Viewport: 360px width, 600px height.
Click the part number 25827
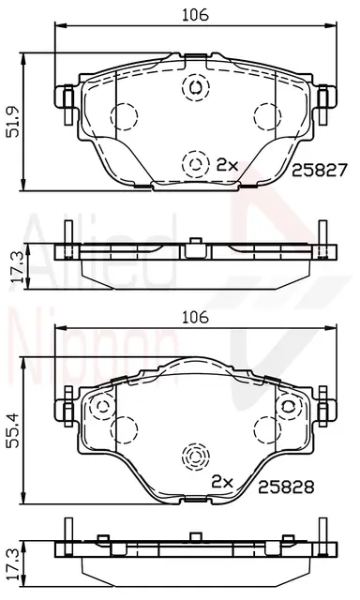(x=319, y=170)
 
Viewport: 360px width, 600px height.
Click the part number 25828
(x=286, y=487)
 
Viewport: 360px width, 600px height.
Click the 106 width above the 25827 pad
(x=195, y=15)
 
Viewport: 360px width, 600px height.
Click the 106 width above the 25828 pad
(x=195, y=317)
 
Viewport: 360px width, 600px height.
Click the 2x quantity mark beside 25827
(x=227, y=165)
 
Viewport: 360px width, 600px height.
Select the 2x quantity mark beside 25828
(x=222, y=483)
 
